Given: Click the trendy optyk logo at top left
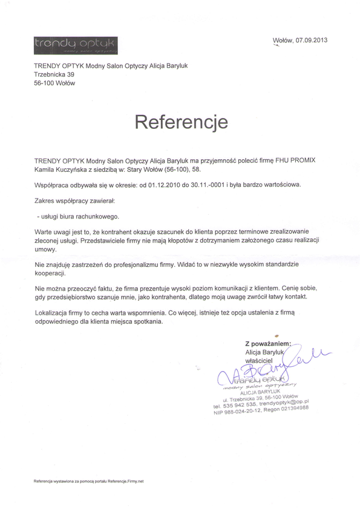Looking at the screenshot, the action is [76, 44].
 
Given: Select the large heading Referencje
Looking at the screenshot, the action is [181, 122].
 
